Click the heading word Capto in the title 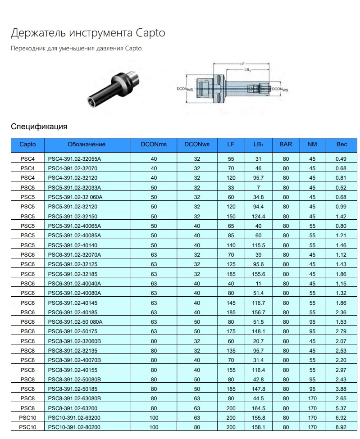pyautogui.click(x=150, y=33)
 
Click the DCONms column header pyautogui.click(x=154, y=145)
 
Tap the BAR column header pyautogui.click(x=286, y=145)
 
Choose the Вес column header pyautogui.click(x=342, y=145)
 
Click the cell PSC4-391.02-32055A pyautogui.click(x=74, y=159)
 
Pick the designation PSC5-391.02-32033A pyautogui.click(x=74, y=187)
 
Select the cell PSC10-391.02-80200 pyautogui.click(x=74, y=427)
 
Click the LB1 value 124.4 pyautogui.click(x=258, y=216)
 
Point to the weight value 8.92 pyautogui.click(x=342, y=427)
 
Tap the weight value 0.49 pyautogui.click(x=342, y=159)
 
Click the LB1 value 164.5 pyautogui.click(x=258, y=408)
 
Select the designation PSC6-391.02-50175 pyautogui.click(x=72, y=331)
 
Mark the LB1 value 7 pyautogui.click(x=258, y=187)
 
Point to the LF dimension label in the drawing pyautogui.click(x=242, y=64)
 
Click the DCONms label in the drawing pyautogui.click(x=185, y=90)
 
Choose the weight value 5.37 pyautogui.click(x=342, y=408)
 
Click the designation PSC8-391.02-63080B pyautogui.click(x=74, y=398)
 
